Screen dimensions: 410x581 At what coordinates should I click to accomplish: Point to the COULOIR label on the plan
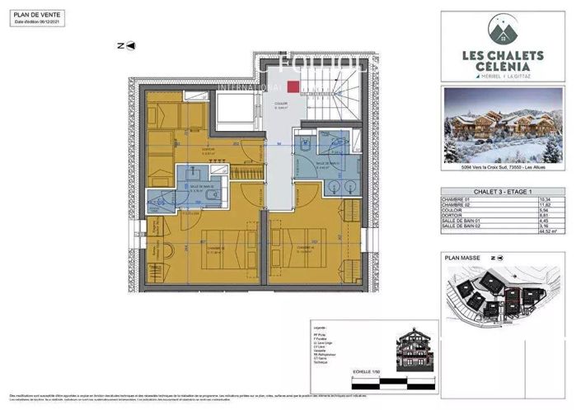tap(281, 104)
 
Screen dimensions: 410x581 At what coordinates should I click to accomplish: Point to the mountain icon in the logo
tap(503, 31)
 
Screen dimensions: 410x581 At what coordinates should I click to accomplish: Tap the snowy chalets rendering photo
tap(503, 125)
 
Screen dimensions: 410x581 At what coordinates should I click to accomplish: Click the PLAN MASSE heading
tap(462, 258)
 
